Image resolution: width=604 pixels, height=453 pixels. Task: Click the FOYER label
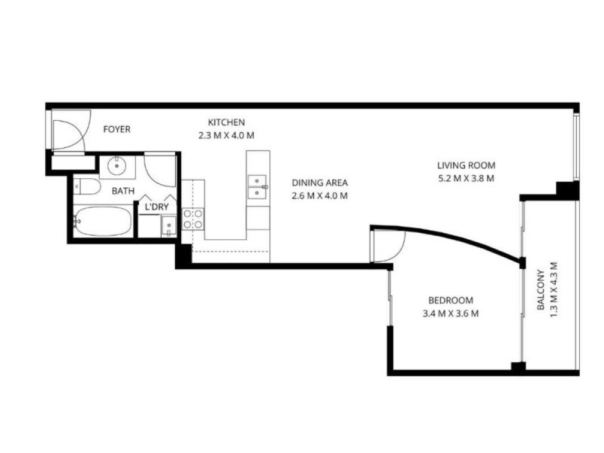117,129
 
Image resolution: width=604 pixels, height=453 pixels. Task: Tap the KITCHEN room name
226,123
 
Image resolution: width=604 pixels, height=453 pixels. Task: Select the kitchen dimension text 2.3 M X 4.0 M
226,135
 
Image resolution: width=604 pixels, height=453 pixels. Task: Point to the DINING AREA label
320,182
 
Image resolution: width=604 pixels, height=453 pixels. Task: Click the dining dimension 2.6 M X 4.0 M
320,196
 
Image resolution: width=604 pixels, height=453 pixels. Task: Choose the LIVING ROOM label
466,165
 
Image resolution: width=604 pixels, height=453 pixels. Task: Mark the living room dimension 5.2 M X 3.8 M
466,179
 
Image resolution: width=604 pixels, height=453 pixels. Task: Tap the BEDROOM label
451,300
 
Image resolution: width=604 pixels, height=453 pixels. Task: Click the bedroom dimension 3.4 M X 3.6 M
451,313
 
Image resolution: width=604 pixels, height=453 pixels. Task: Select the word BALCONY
541,290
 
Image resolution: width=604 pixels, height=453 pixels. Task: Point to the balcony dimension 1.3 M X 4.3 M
553,290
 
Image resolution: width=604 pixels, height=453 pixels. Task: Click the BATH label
123,191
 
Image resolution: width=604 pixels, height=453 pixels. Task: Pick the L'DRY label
157,207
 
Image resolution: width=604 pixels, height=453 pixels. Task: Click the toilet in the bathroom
87,187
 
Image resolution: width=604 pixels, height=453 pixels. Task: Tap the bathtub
103,222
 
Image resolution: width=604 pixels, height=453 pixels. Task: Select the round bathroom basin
117,166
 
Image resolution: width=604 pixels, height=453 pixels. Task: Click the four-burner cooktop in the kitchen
193,219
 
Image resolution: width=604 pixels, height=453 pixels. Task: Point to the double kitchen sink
257,187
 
